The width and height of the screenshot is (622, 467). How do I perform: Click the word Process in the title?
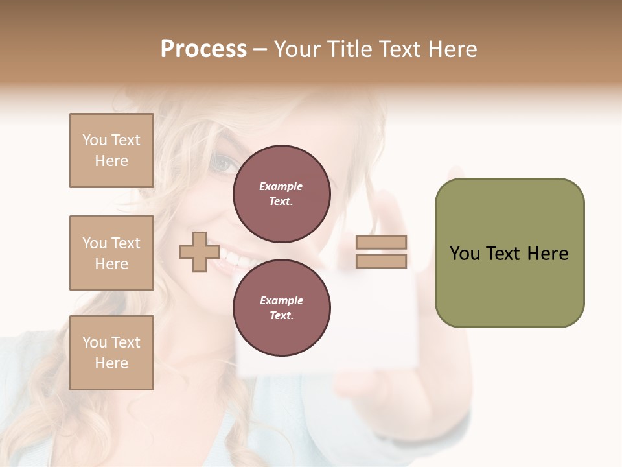tap(203, 49)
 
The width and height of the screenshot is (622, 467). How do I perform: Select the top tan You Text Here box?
tap(111, 150)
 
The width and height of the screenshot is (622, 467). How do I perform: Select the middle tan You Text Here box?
tap(111, 253)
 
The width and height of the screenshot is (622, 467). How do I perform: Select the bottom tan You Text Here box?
tap(111, 353)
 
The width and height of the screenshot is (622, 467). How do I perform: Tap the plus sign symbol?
tap(199, 252)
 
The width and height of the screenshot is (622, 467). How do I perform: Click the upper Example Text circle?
tap(281, 194)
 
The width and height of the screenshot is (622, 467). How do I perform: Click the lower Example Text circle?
tap(281, 308)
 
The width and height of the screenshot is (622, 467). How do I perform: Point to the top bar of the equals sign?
tap(382, 242)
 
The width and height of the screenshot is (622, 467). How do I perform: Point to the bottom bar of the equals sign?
tap(382, 261)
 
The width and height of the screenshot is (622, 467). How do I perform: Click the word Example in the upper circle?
tap(281, 186)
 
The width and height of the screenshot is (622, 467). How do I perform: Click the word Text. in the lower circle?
tap(281, 316)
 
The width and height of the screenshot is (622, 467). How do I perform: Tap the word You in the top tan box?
tap(95, 140)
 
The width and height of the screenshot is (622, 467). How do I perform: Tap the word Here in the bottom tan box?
tap(111, 363)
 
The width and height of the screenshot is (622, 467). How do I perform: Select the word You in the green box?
tap(464, 254)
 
